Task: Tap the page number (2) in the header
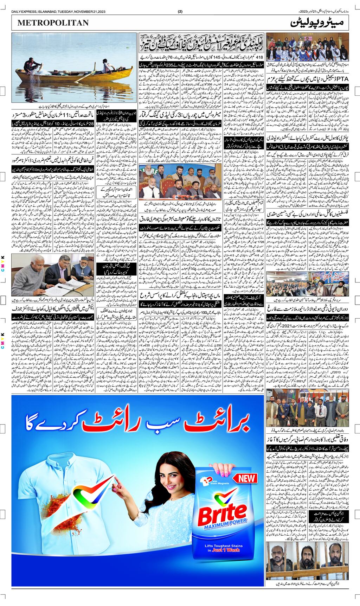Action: point(180,11)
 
